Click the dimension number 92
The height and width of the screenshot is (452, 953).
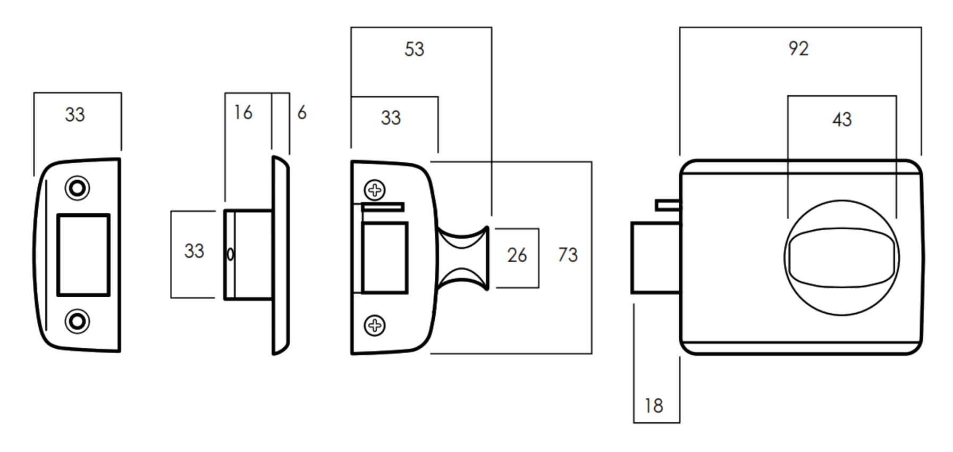(x=798, y=49)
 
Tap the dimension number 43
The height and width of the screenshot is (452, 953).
(x=841, y=120)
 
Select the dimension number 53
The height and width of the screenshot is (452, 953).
(x=414, y=49)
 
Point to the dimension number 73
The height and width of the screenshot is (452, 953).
(x=568, y=255)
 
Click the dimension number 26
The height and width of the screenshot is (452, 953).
(x=517, y=256)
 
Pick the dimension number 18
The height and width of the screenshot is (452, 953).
(x=653, y=406)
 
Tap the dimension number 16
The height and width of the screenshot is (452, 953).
(x=243, y=113)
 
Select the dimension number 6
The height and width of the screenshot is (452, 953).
(x=302, y=113)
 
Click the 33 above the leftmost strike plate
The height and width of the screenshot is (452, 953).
(x=75, y=115)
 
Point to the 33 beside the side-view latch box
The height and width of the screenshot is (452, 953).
(x=194, y=251)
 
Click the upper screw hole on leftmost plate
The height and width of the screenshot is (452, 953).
(x=77, y=188)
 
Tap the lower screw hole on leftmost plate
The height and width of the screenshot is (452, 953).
(x=77, y=321)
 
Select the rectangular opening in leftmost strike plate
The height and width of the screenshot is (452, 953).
(x=83, y=255)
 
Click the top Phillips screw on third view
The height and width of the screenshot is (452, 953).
(x=375, y=190)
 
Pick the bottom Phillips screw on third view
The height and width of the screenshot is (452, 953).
(x=375, y=325)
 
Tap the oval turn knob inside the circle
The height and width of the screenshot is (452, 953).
(x=841, y=258)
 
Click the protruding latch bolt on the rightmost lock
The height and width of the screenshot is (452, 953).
(x=655, y=258)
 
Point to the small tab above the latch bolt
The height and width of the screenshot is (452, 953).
(x=668, y=205)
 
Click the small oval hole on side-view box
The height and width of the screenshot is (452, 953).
(x=230, y=255)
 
